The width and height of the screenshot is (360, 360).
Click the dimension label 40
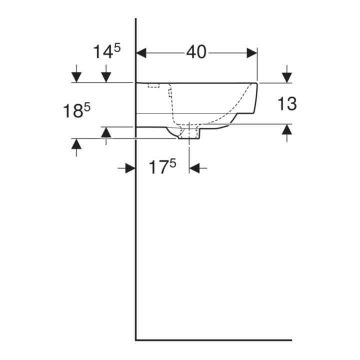click(x=196, y=52)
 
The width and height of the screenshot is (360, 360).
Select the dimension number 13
click(x=287, y=103)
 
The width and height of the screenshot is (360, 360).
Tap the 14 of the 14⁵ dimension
click(x=103, y=52)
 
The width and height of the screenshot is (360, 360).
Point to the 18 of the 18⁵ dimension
click(x=73, y=111)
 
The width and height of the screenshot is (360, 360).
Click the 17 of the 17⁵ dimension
click(x=159, y=167)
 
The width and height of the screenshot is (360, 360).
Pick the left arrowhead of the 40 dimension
click(x=141, y=53)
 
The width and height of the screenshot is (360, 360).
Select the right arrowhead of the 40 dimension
click(x=252, y=53)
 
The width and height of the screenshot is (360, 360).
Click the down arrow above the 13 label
click(x=287, y=73)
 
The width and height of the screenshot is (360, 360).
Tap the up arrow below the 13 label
click(x=287, y=133)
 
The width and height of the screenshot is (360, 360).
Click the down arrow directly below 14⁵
click(x=106, y=73)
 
